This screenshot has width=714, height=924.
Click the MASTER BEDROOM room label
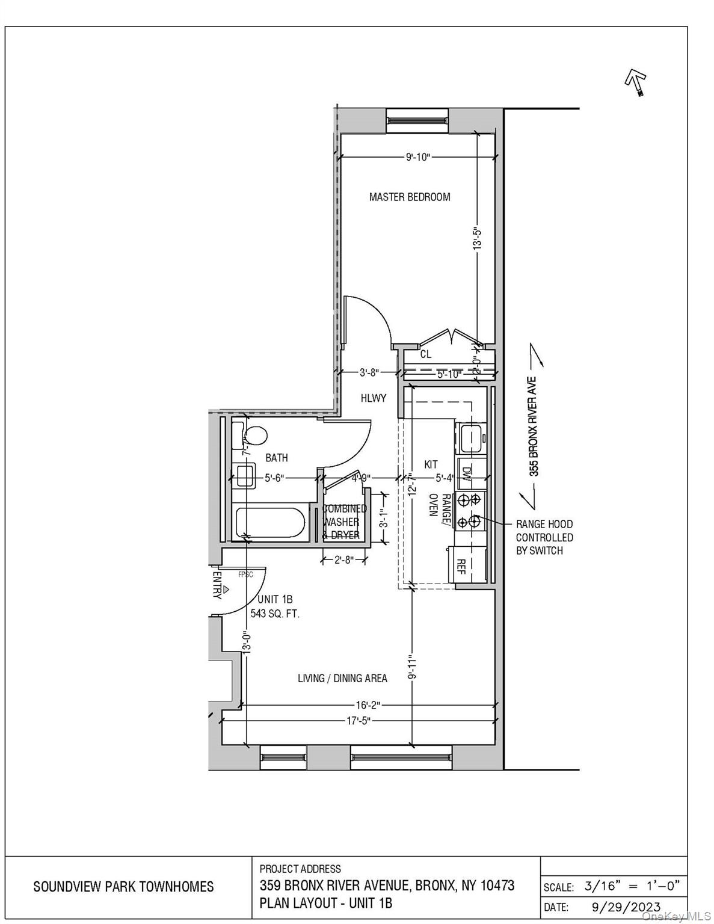tap(409, 197)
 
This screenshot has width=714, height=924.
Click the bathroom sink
tap(245, 476)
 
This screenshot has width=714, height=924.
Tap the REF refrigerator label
tap(461, 566)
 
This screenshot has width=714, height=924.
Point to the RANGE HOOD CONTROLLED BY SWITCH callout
tap(544, 537)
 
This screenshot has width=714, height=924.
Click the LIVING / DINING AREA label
tap(342, 678)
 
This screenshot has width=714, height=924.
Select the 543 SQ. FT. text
tap(275, 614)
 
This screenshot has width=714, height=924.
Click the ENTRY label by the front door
tap(217, 585)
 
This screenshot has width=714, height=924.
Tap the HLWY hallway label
tap(373, 398)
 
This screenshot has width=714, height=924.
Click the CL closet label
tap(425, 354)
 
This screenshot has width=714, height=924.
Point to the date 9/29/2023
tap(623, 907)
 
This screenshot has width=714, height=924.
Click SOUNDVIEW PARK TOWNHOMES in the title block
tap(123, 886)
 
